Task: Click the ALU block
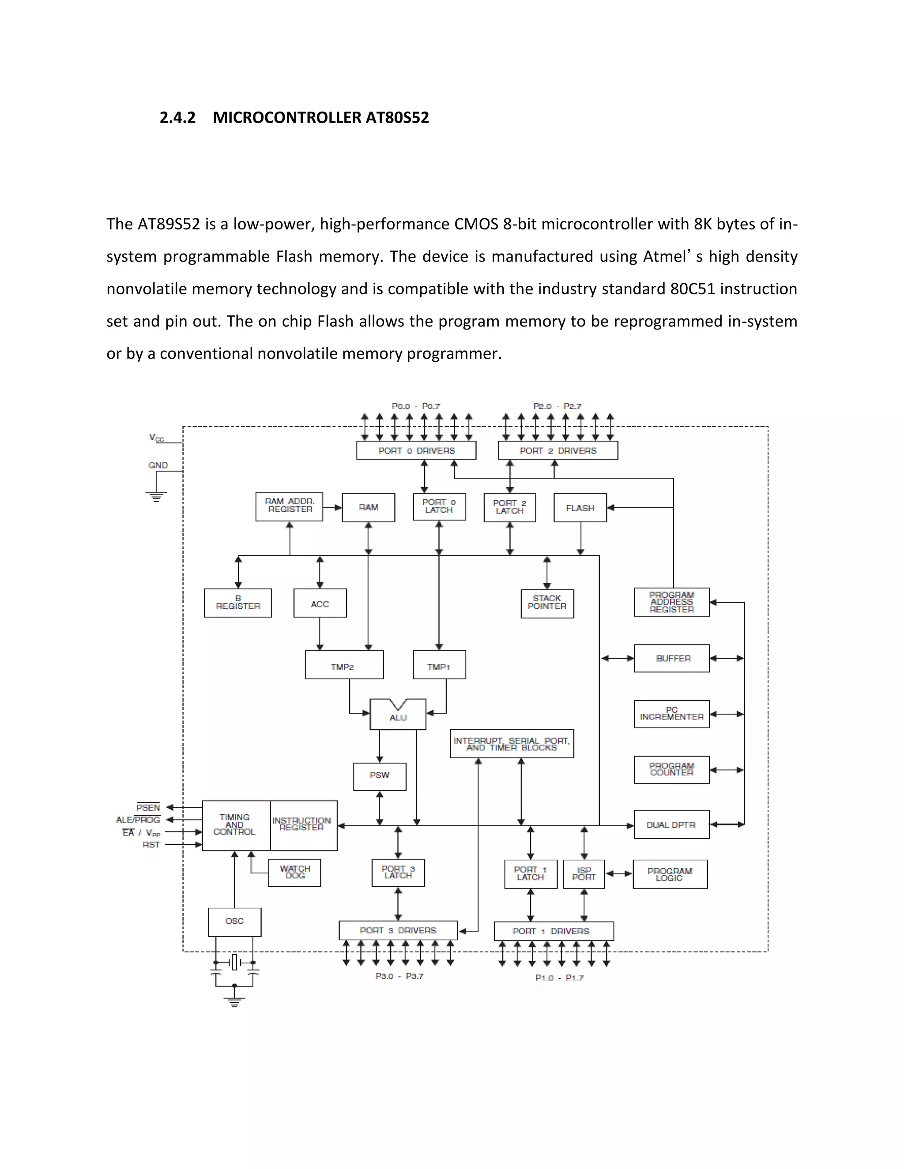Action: coord(398,716)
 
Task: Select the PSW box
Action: coord(380,776)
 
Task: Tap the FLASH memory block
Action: coord(580,508)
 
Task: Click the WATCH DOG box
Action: coord(294,873)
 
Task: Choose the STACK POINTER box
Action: coord(547,603)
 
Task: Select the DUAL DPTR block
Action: coord(671,825)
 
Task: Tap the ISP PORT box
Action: coord(584,874)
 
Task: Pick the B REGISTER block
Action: coord(238,603)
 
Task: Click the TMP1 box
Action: coord(439,665)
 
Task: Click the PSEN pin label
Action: coord(148,808)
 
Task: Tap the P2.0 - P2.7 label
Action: coord(557,406)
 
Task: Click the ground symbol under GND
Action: coord(156,497)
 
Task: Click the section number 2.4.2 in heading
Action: coord(177,118)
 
